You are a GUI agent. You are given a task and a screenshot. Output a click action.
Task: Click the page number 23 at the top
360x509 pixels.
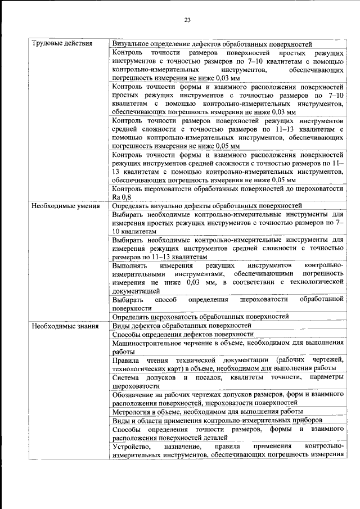coord(188,21)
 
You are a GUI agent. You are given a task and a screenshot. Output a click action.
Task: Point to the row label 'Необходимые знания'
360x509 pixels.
coord(63,326)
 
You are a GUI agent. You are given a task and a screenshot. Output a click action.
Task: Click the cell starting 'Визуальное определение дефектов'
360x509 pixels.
coord(212,44)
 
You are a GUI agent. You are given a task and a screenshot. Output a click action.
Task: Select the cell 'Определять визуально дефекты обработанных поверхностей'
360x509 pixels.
coord(207,206)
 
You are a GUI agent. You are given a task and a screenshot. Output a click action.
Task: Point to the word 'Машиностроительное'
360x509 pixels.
coord(145,343)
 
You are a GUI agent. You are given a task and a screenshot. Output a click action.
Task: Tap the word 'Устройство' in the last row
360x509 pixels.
coord(129,446)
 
